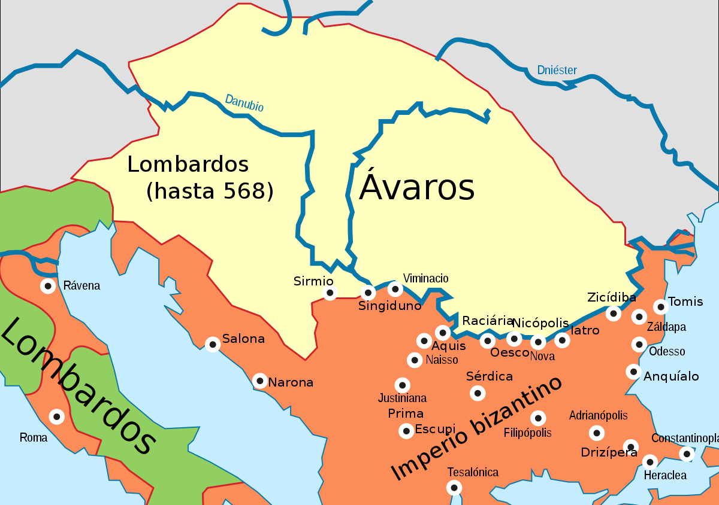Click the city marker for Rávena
(x=48, y=286)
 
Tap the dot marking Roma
(x=56, y=416)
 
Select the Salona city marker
(x=213, y=344)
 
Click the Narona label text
(x=291, y=382)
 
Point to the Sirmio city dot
(x=330, y=293)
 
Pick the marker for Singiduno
(x=368, y=293)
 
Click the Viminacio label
(x=425, y=278)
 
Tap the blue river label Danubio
(x=244, y=103)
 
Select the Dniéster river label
(x=557, y=71)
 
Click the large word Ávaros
(x=417, y=188)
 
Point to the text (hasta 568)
(x=210, y=191)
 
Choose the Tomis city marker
(x=660, y=307)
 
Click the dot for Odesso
(x=639, y=345)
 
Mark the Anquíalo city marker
(x=633, y=372)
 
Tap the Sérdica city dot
(x=478, y=393)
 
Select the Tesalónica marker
(x=455, y=488)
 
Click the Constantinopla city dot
(x=687, y=454)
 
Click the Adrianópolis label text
(x=598, y=416)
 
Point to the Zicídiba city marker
(x=613, y=313)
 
